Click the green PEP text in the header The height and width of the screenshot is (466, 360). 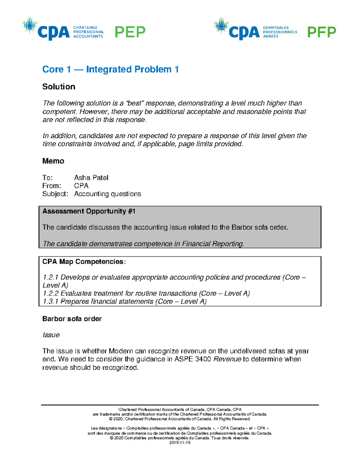pyautogui.click(x=130, y=32)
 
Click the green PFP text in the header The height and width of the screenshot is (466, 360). pyautogui.click(x=321, y=32)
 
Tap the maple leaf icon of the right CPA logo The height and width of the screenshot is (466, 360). pyautogui.click(x=221, y=25)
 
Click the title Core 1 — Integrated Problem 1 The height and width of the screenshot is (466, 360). pyautogui.click(x=110, y=69)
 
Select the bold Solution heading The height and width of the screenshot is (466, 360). pyautogui.click(x=59, y=87)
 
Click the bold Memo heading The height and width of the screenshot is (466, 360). pyautogui.click(x=53, y=161)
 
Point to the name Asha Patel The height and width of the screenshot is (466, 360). pyautogui.click(x=91, y=178)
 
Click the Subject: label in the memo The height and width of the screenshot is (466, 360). pyautogui.click(x=55, y=194)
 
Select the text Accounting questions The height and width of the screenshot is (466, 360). pyautogui.click(x=107, y=194)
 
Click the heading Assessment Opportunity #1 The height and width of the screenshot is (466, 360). pyautogui.click(x=89, y=211)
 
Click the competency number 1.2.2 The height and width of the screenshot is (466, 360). pyautogui.click(x=50, y=293)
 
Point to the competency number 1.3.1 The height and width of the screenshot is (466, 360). pyautogui.click(x=50, y=302)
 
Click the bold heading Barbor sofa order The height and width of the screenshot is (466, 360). pyautogui.click(x=72, y=319)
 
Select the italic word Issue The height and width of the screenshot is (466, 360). pyautogui.click(x=51, y=335)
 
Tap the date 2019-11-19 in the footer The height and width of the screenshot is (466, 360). pyautogui.click(x=180, y=443)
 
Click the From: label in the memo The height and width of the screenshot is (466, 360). pyautogui.click(x=52, y=186)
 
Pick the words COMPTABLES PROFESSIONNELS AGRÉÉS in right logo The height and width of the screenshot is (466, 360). pyautogui.click(x=280, y=32)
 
